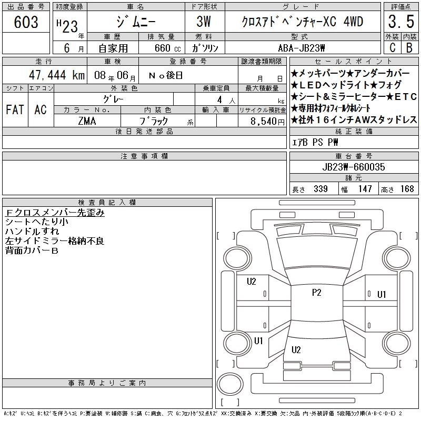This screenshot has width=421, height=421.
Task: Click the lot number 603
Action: (26, 22)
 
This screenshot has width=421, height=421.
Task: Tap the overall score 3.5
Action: (401, 22)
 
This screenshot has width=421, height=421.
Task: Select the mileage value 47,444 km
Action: (57, 75)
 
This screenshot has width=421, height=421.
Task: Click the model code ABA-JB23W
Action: (302, 48)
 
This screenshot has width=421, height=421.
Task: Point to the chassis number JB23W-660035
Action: (354, 167)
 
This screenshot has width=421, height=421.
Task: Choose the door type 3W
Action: (204, 22)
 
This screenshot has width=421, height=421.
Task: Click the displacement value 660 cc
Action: (167, 48)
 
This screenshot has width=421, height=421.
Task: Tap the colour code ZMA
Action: (87, 121)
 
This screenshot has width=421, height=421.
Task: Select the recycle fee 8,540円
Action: (267, 122)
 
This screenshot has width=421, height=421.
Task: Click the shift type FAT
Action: (15, 109)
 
